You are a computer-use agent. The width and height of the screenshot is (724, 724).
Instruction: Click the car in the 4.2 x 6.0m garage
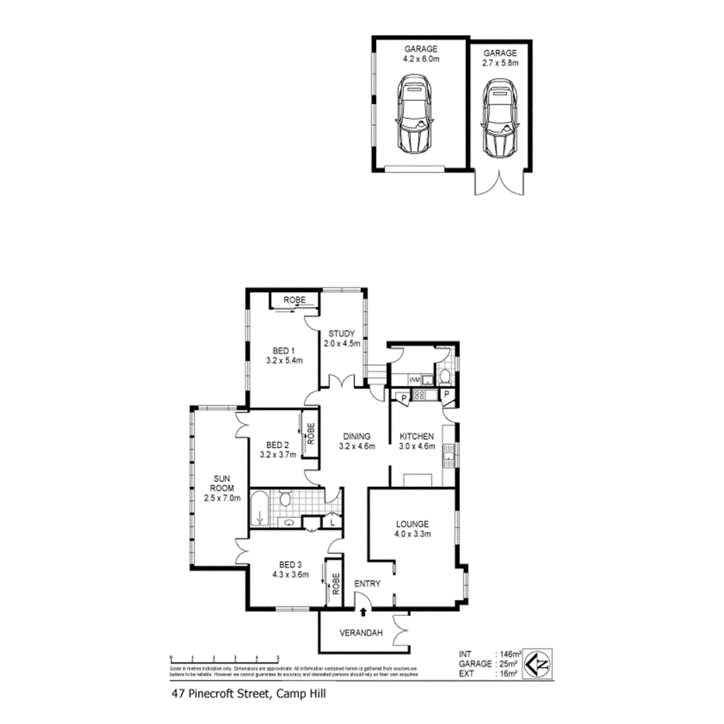click(x=416, y=113)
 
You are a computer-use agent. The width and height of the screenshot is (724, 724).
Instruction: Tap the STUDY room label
click(x=341, y=335)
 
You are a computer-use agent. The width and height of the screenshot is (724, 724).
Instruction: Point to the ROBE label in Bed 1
click(x=293, y=300)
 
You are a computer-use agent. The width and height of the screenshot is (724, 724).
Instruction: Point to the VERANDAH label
click(x=363, y=634)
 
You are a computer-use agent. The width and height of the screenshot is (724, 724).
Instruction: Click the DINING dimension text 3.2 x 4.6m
click(x=357, y=447)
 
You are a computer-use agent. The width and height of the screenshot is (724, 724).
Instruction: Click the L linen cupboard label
click(x=332, y=524)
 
